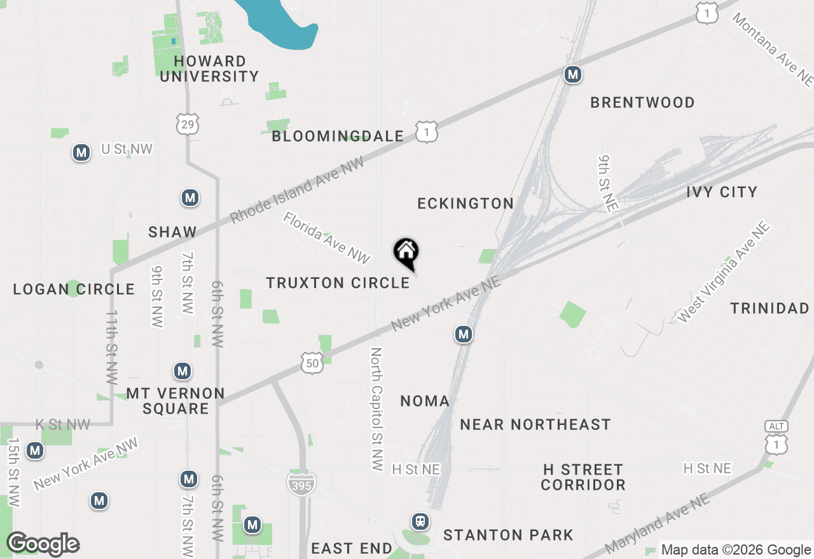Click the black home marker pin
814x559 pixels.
coord(406,253)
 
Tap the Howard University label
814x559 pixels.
coord(209,69)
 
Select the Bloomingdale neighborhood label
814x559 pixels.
coord(338,136)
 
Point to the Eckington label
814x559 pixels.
coord(466,203)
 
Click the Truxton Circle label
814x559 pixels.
coord(338,283)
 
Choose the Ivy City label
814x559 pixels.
coord(722,192)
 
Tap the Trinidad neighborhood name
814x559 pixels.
coord(769,309)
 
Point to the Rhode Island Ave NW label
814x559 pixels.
coord(297,190)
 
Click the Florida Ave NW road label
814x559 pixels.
coord(326,238)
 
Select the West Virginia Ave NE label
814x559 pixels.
coord(724,272)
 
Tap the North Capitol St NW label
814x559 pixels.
coord(377,409)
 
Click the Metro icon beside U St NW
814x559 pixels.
coord(81,152)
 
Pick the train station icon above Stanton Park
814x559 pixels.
coord(420,522)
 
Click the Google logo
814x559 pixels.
coord(43,544)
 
